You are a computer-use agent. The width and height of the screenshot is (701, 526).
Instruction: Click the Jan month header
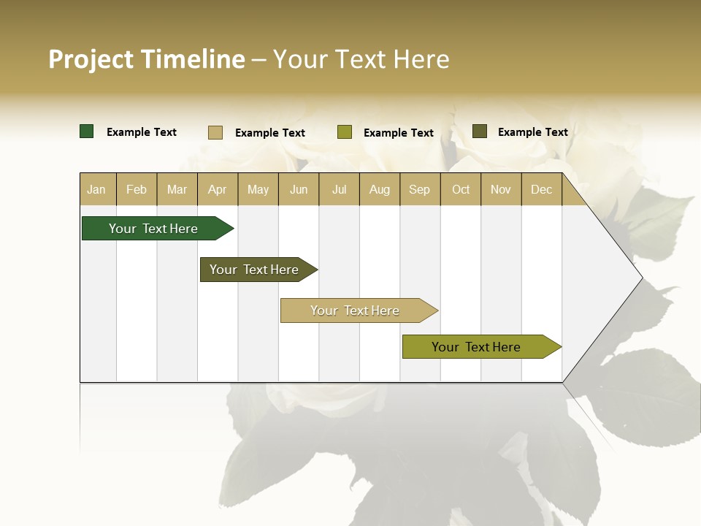pyautogui.click(x=97, y=189)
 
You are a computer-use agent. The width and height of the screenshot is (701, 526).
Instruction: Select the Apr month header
pyautogui.click(x=218, y=189)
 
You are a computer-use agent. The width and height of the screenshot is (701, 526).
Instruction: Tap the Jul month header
pyautogui.click(x=339, y=189)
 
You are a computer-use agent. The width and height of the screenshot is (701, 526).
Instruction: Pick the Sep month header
pyautogui.click(x=420, y=189)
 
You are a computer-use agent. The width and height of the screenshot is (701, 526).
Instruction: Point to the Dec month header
pyautogui.click(x=541, y=189)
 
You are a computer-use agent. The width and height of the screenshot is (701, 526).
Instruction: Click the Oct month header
pyautogui.click(x=461, y=189)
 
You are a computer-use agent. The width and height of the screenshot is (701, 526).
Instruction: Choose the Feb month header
pyautogui.click(x=137, y=189)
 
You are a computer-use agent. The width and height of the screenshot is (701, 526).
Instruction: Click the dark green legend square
pyautogui.click(x=86, y=131)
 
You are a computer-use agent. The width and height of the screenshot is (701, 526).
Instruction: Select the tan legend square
pyautogui.click(x=215, y=132)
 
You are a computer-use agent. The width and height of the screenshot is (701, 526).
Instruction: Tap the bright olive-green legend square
pyautogui.click(x=345, y=132)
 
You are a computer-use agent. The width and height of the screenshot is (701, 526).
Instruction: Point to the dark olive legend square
pyautogui.click(x=479, y=131)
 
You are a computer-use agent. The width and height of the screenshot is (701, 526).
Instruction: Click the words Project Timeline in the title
pyautogui.click(x=146, y=59)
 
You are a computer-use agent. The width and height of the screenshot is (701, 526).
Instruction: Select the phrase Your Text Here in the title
pyautogui.click(x=361, y=59)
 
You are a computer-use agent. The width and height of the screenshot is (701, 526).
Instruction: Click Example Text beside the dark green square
pyautogui.click(x=142, y=132)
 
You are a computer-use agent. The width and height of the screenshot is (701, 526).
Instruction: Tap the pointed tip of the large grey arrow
pyautogui.click(x=640, y=278)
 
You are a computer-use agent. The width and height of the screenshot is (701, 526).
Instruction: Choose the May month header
pyautogui.click(x=258, y=189)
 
